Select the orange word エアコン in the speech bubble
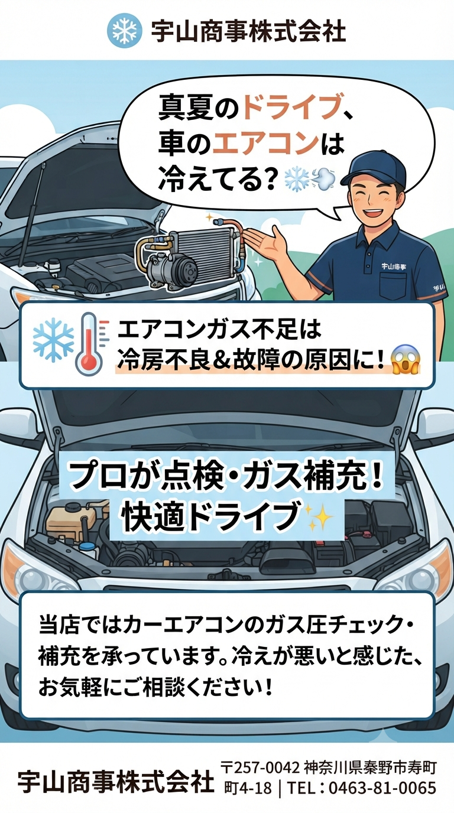265,143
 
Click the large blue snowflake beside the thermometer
53,340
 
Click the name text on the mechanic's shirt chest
394,266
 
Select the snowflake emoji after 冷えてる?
296,178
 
